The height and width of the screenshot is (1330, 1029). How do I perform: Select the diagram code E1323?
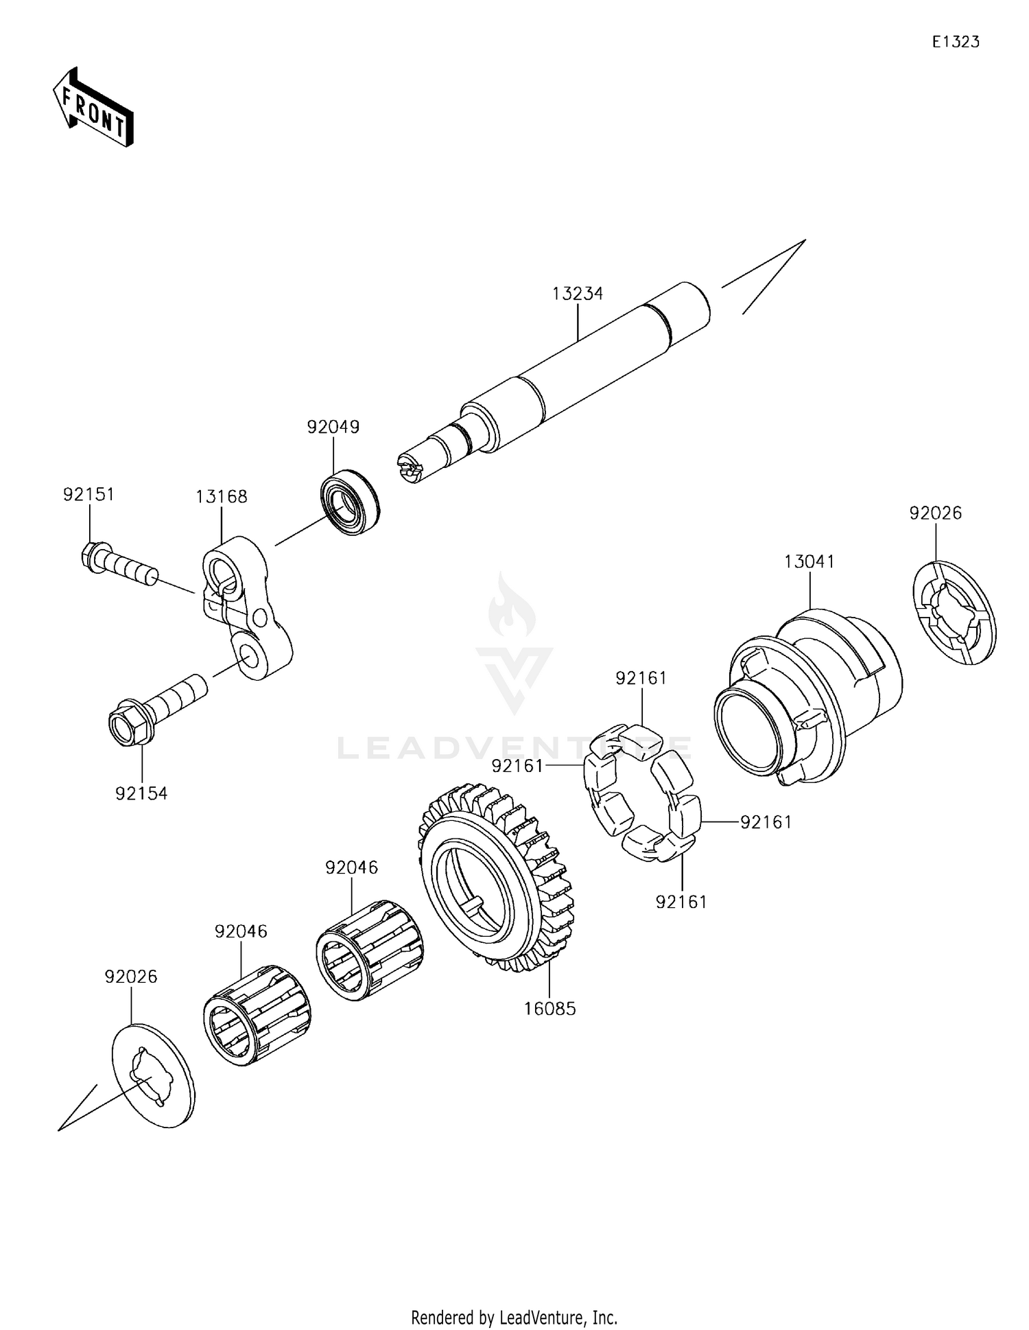[x=955, y=42]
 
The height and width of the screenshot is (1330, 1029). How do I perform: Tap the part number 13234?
[x=578, y=294]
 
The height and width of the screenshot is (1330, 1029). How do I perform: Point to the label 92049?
[x=333, y=427]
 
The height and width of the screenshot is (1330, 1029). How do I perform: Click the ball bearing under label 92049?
[x=351, y=502]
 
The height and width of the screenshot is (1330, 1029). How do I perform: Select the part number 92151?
[x=88, y=495]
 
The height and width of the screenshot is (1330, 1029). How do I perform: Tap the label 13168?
[x=221, y=497]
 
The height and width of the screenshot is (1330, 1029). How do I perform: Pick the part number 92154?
[x=141, y=793]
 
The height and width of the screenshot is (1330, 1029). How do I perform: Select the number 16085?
[x=549, y=1009]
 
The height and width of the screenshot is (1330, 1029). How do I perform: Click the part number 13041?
[x=809, y=562]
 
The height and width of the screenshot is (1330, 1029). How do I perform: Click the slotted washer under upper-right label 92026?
[x=954, y=612]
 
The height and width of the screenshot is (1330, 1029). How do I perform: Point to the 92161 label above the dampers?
[x=641, y=678]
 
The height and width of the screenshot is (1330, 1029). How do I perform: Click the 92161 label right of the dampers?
[x=766, y=821]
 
